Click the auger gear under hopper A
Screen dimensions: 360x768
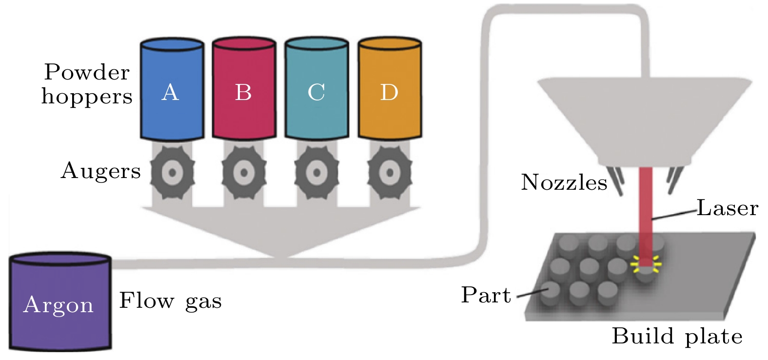[172, 172]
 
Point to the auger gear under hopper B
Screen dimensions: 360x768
[244, 172]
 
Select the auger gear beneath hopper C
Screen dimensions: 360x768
[316, 172]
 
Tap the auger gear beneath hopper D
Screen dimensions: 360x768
[389, 172]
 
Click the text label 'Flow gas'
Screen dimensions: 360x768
[170, 300]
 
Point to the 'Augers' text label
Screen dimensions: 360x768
[100, 171]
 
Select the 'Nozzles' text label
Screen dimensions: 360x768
[564, 182]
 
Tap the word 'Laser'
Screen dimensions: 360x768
[727, 208]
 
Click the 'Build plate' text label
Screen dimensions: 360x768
[677, 336]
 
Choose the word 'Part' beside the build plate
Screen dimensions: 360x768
[486, 295]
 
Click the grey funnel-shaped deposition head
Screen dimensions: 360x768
[645, 117]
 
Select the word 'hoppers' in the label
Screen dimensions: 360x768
[87, 97]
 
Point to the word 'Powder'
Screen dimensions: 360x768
[87, 72]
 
